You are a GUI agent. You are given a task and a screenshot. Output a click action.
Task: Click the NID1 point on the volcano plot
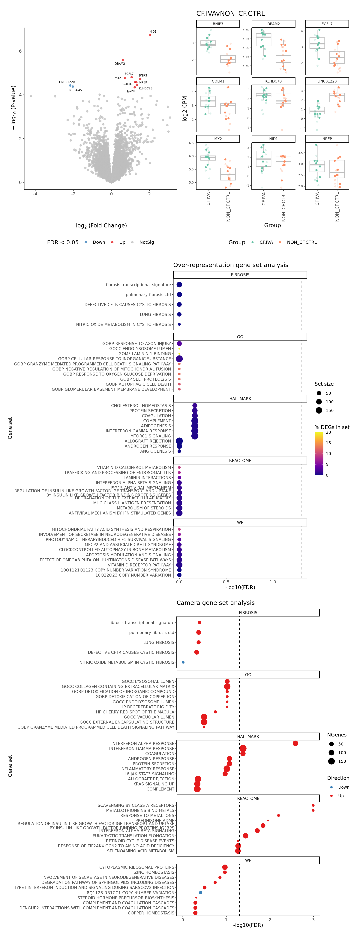(x=150, y=35)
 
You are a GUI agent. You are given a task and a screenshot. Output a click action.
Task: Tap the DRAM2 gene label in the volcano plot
(x=120, y=64)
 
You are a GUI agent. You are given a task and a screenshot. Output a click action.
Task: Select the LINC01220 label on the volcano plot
(x=67, y=82)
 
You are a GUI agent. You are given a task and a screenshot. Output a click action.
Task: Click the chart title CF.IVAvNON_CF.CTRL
(x=230, y=13)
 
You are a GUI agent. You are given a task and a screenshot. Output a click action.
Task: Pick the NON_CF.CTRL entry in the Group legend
(x=301, y=242)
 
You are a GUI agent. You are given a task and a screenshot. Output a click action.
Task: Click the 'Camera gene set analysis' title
(x=215, y=603)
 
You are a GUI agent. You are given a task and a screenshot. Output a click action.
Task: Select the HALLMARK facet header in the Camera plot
(x=248, y=736)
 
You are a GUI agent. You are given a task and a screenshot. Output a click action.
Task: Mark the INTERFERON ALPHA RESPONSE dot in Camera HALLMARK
(x=295, y=743)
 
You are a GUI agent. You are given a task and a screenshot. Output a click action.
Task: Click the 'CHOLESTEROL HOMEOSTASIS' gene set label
(x=141, y=406)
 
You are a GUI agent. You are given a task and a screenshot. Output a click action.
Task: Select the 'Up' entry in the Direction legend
(x=341, y=796)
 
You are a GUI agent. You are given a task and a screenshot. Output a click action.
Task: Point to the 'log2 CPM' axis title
(x=184, y=108)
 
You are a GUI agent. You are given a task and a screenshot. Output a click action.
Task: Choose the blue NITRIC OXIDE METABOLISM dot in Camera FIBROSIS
(x=183, y=662)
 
